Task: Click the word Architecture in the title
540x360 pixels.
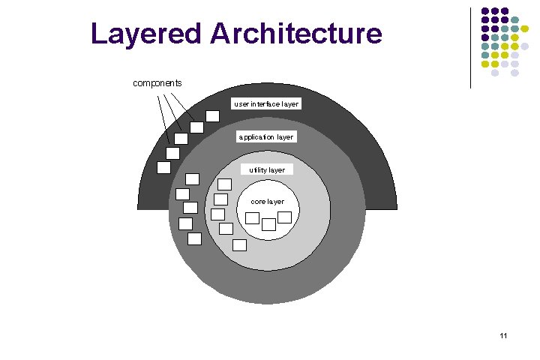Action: [296, 34]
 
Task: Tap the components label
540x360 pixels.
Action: [157, 82]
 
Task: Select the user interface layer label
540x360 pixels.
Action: [266, 104]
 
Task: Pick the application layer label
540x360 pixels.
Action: [266, 137]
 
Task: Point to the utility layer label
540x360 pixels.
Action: [267, 170]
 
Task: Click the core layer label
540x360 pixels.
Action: [267, 202]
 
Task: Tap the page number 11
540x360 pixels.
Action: [503, 335]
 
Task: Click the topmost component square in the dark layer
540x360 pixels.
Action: [213, 115]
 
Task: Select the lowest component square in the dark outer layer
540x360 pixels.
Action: [163, 167]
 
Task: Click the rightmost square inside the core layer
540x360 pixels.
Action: [284, 217]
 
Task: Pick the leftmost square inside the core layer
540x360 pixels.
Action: [253, 218]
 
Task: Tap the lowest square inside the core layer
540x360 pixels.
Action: [268, 223]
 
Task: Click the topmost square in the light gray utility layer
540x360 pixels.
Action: [224, 184]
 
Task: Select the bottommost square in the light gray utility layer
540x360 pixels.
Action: [239, 244]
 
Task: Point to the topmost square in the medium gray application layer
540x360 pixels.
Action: [192, 178]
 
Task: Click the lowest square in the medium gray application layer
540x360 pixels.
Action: [194, 238]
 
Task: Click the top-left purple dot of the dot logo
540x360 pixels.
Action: [485, 12]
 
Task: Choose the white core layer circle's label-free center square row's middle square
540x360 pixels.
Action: [268, 223]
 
